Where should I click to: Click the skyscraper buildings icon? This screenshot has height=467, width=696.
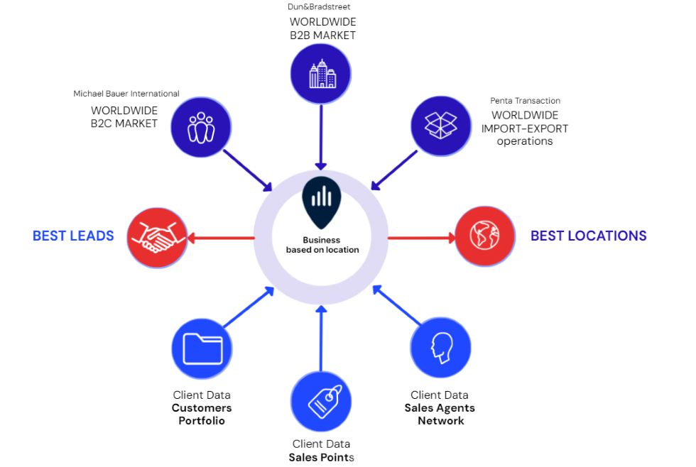coord(322,74)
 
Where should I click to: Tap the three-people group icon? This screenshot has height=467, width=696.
coord(201,128)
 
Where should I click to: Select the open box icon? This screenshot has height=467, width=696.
coord(440,125)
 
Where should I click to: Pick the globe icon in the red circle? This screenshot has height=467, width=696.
coord(484,235)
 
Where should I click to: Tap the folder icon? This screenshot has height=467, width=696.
coord(203,348)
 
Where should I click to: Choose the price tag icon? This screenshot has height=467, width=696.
coord(325,402)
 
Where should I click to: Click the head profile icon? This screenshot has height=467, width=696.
coord(442,348)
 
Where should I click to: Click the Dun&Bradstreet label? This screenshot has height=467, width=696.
coord(319,6)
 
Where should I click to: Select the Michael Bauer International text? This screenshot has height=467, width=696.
coord(126,94)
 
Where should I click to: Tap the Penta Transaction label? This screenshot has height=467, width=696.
coord(525,101)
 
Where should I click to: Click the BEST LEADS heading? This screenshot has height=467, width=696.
coord(73,236)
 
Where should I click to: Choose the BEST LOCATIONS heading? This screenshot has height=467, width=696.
coord(589,236)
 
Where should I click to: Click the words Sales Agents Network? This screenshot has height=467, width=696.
coord(440,414)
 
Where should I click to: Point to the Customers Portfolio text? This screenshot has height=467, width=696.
coord(202,414)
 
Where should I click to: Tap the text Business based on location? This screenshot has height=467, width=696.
coord(322,245)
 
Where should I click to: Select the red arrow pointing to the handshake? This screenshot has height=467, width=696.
coord(221,238)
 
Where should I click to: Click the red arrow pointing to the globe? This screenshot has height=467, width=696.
coord(422,238)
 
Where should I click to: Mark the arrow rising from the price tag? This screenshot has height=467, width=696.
coord(321,339)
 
